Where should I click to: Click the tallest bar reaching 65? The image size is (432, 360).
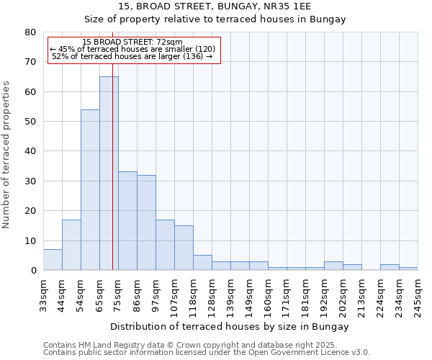(x=109, y=173)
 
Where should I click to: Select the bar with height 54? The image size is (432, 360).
(x=90, y=190)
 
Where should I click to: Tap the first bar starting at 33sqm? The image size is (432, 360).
(x=53, y=260)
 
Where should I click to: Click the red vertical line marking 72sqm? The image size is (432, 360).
(x=113, y=180)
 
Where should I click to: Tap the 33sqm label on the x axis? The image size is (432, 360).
(x=43, y=294)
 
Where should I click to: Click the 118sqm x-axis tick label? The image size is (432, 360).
(x=193, y=295)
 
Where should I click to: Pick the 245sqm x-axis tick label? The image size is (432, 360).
(x=418, y=295)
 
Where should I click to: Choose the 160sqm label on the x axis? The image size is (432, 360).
(x=268, y=295)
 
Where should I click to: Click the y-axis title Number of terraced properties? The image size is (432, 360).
(x=6, y=155)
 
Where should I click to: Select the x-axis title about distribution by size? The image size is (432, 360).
(x=230, y=326)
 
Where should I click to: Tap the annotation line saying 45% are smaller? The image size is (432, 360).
(x=132, y=49)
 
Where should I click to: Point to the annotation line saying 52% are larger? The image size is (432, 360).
(x=132, y=56)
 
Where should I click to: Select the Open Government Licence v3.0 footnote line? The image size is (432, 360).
(x=206, y=352)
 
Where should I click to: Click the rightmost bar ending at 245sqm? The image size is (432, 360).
(x=408, y=269)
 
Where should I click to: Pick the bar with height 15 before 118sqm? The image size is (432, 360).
(x=184, y=248)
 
